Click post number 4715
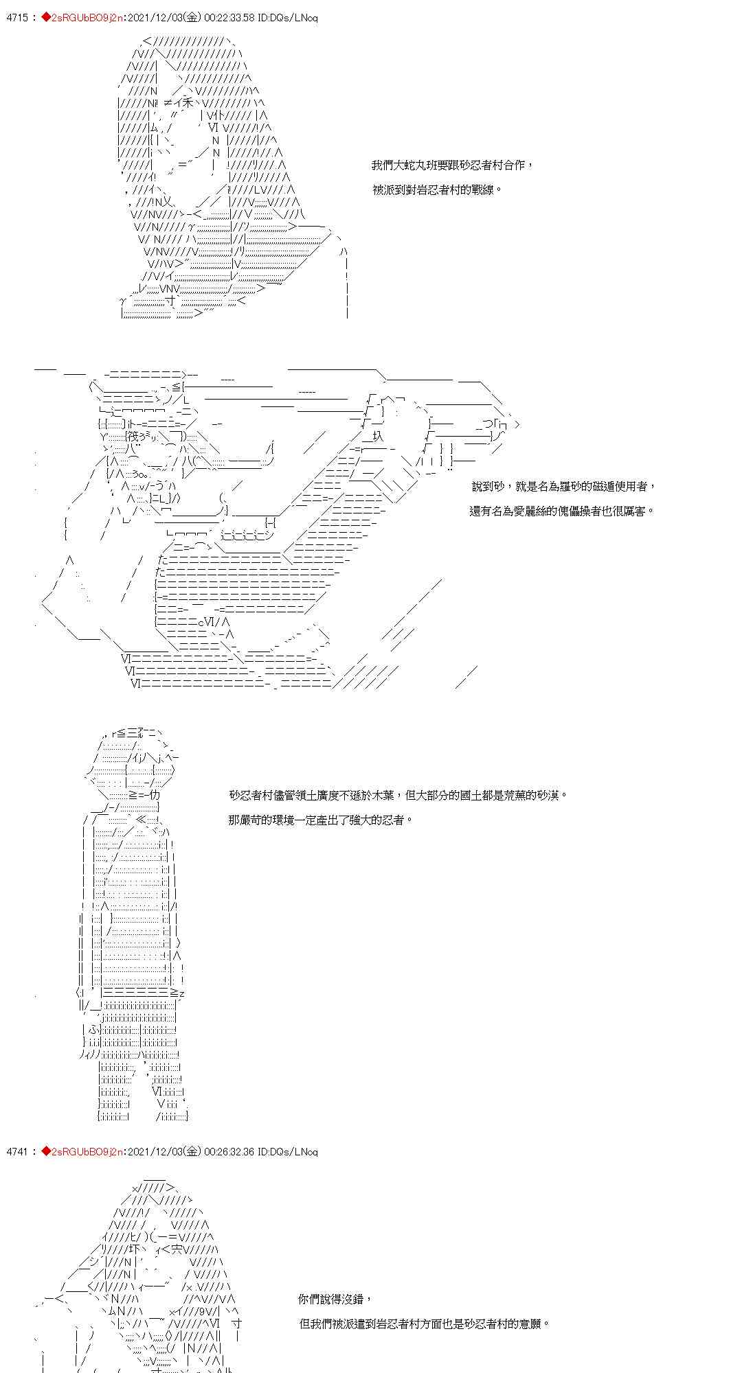[16, 18]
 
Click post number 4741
[16, 1151]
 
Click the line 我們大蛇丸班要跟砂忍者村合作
[451, 165]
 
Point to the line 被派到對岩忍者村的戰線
[437, 190]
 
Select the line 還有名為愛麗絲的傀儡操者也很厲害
[561, 511]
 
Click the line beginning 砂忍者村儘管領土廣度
[398, 796]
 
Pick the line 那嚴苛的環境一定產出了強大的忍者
[321, 820]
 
